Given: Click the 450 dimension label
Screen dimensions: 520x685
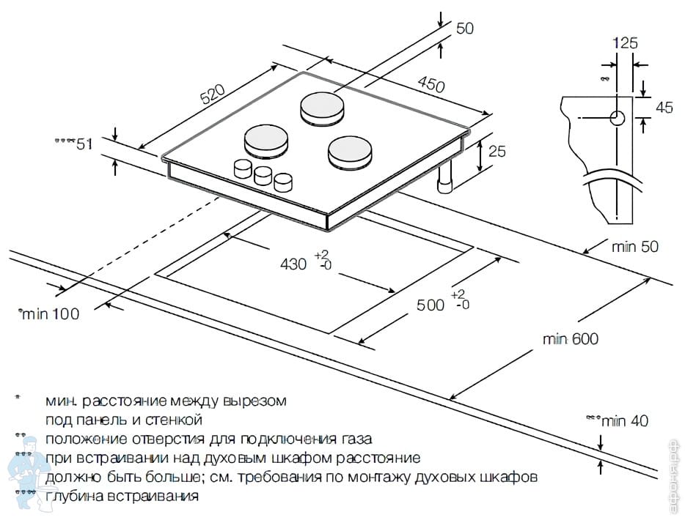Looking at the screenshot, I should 431,84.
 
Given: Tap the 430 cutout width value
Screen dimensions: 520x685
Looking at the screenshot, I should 293,264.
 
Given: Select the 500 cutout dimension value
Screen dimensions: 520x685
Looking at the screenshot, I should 431,304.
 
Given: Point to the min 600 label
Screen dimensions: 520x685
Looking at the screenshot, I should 571,339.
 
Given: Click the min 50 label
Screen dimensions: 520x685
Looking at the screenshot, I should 635,247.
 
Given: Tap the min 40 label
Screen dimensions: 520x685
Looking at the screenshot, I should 625,421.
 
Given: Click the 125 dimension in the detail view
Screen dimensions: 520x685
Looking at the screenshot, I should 625,43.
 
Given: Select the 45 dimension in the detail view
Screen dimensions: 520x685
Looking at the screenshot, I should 664,108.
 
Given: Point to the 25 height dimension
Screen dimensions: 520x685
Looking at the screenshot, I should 497,152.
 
